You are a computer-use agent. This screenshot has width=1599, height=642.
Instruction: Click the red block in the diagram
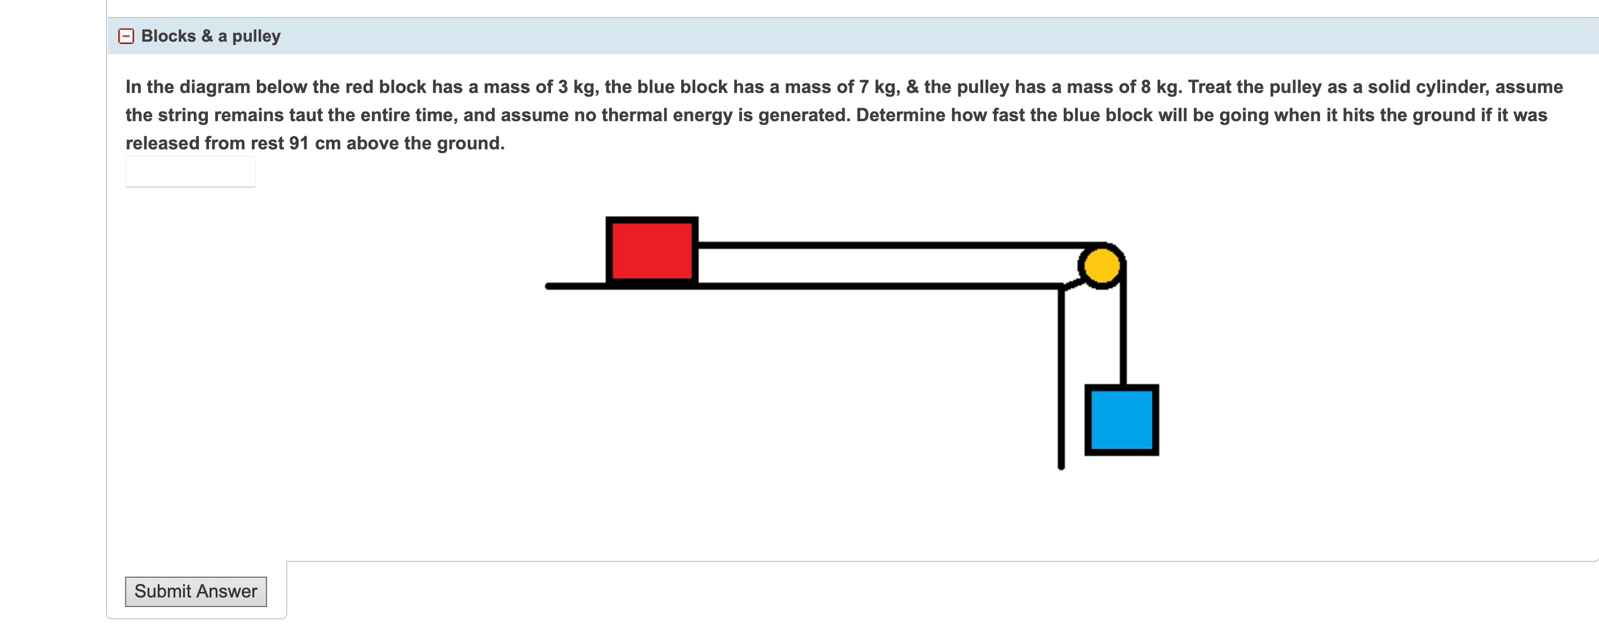pyautogui.click(x=652, y=251)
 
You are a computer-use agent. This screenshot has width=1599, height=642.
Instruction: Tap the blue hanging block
pyautogui.click(x=1122, y=420)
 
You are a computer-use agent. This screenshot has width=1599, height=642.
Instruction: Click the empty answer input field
pyautogui.click(x=190, y=171)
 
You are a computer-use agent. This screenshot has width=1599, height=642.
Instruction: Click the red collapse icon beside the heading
pyautogui.click(x=126, y=36)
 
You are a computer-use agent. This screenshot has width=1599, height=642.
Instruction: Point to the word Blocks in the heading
pyautogui.click(x=168, y=36)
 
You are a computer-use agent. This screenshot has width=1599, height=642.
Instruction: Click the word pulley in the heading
pyautogui.click(x=256, y=36)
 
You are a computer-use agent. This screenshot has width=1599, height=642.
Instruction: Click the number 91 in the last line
pyautogui.click(x=299, y=143)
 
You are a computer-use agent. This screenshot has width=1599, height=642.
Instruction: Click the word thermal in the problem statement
pyautogui.click(x=633, y=116)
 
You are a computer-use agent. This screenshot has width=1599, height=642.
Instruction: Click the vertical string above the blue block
pyautogui.click(x=1123, y=329)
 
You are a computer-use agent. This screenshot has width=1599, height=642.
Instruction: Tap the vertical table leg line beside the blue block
pyautogui.click(x=1061, y=379)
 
